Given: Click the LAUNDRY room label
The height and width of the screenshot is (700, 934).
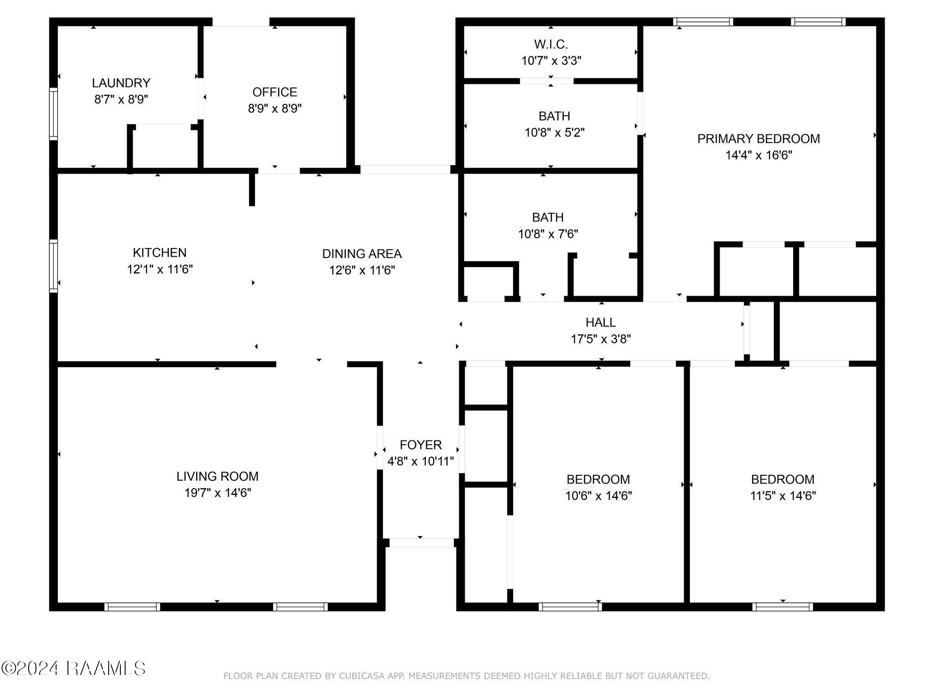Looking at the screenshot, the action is click(x=121, y=83).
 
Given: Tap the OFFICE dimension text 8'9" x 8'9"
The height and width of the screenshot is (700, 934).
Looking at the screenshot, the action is click(x=275, y=108).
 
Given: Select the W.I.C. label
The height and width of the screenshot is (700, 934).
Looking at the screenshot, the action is click(x=551, y=44).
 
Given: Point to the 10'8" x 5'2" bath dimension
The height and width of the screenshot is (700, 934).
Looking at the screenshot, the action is click(x=555, y=133).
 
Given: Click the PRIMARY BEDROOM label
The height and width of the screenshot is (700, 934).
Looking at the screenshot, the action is click(x=758, y=139).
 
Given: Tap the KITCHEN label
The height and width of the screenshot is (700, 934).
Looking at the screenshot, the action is click(x=160, y=252).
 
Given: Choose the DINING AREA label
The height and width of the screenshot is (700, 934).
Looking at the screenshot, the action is click(x=362, y=253).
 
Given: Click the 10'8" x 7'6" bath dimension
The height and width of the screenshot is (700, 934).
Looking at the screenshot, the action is click(x=548, y=234).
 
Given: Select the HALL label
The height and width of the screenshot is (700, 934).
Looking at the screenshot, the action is click(x=601, y=322).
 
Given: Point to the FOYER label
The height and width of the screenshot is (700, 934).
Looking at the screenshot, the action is click(x=420, y=445).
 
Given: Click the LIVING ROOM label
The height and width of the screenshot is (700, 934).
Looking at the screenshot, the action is click(x=218, y=476).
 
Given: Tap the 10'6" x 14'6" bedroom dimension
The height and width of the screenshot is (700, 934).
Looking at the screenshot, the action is click(x=598, y=495).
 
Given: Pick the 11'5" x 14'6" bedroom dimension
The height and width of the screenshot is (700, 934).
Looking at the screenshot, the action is click(x=783, y=495).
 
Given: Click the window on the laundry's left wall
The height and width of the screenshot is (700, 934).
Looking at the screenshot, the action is click(x=54, y=114).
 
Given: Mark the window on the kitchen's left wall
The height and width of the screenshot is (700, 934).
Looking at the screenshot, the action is click(x=54, y=266).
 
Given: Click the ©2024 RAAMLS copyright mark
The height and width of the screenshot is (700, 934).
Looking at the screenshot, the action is click(x=73, y=669).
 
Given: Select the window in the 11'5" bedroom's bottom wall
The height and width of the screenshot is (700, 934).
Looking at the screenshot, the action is click(x=783, y=607).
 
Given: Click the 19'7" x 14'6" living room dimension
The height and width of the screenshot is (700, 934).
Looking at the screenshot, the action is click(x=218, y=493).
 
